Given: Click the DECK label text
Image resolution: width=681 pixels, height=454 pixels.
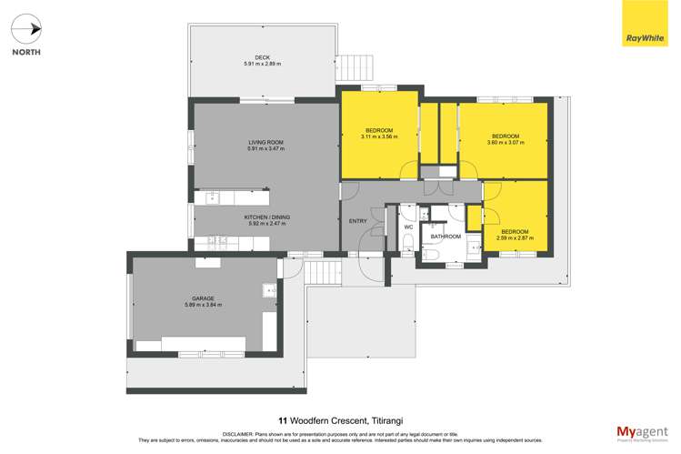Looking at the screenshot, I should pos(262,58).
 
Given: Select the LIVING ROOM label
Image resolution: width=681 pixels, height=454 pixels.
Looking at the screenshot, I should pos(266,142).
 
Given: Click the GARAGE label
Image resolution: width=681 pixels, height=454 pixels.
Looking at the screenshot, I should pos(203,298).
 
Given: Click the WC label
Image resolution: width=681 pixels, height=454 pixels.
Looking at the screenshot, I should pos(408,227).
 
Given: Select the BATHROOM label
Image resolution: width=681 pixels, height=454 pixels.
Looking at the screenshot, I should pos(446,237).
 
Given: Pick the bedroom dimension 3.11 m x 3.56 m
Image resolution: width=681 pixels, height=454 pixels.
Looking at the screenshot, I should pos(379,136).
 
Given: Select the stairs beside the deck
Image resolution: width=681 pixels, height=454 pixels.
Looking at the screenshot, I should pos(356,67).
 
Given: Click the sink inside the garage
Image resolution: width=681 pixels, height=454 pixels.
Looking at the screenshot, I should pos(270,290).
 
